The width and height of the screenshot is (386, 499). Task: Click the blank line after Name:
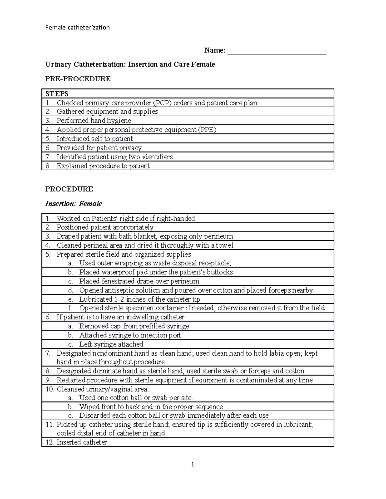coord(277,51)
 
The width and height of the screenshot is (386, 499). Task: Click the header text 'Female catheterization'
coord(77,28)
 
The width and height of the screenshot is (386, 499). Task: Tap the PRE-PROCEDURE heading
coord(78,79)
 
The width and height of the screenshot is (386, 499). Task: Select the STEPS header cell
coord(57,94)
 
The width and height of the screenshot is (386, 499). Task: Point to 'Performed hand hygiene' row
coord(94,121)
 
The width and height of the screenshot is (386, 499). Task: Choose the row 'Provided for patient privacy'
coord(99,148)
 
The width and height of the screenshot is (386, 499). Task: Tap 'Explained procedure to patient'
coord(103,166)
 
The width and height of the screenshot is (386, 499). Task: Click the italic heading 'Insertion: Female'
coord(74,204)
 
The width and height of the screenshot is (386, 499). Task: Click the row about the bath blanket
coord(145,236)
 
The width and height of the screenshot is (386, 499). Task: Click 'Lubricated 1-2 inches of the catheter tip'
coord(140,299)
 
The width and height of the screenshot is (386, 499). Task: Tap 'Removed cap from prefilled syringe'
coord(134,326)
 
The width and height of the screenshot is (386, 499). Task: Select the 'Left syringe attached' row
coord(111,344)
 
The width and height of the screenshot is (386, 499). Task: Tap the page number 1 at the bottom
coord(193,465)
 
